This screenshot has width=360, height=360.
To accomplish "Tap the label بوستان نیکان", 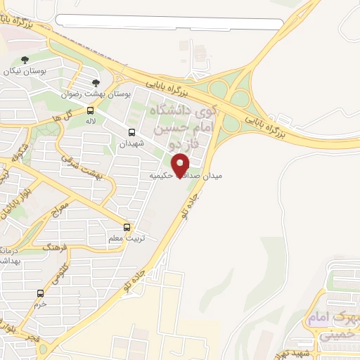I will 25,72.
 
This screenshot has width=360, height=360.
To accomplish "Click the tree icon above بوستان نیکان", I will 25,60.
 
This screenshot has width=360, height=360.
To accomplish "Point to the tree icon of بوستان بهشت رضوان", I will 96,83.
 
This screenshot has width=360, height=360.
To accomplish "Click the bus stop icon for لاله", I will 90,110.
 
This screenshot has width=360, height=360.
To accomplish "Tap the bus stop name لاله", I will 90,121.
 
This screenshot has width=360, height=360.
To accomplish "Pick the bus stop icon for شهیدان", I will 132,132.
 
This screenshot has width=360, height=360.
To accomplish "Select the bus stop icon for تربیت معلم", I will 127,227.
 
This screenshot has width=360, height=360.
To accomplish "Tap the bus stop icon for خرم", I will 40,293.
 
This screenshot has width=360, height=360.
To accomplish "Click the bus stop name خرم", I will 40,304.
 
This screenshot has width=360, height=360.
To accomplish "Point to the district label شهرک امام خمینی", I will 330,326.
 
